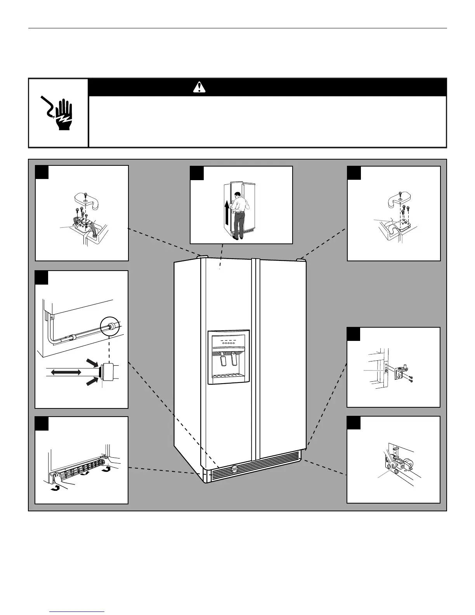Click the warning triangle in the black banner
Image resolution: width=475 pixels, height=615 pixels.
pos(199,88)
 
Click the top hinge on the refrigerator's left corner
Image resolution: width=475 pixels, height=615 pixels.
pos(202,256)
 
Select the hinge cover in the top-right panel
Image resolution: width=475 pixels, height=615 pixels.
pos(399,200)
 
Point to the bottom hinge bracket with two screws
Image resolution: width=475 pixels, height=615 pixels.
pos(399,372)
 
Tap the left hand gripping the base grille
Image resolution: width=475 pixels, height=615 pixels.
pos(58,474)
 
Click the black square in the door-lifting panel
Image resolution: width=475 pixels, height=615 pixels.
pos(197,173)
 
